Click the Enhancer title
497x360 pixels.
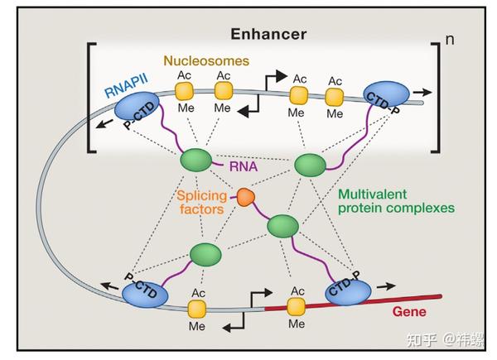(x=268, y=34)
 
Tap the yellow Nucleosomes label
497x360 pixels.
(x=206, y=60)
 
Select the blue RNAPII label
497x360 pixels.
(x=126, y=86)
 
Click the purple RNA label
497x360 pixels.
(x=244, y=166)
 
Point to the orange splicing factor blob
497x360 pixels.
(x=246, y=197)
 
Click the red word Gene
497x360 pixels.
(x=409, y=312)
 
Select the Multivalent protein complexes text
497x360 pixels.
(x=396, y=201)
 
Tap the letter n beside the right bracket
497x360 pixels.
(x=450, y=40)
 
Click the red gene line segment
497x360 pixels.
(x=353, y=303)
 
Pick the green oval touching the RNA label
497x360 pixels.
(x=196, y=161)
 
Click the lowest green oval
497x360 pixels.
(x=205, y=255)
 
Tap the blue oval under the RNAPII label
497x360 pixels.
(x=137, y=106)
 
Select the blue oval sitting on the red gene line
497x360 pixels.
(x=349, y=292)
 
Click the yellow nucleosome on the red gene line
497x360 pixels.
(x=296, y=307)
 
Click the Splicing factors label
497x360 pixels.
(x=201, y=203)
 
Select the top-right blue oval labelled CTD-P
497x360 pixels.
(x=386, y=94)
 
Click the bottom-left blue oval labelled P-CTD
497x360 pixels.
(x=145, y=295)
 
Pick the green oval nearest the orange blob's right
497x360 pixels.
(x=283, y=226)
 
